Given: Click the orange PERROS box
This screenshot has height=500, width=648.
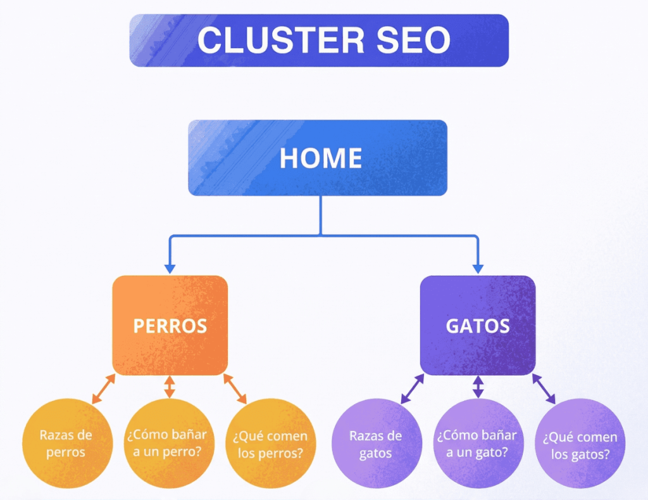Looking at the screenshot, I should pyautogui.click(x=170, y=326).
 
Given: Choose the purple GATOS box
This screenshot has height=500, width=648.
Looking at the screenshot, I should pyautogui.click(x=478, y=326).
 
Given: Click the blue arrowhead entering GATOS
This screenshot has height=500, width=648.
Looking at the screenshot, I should pyautogui.click(x=478, y=268).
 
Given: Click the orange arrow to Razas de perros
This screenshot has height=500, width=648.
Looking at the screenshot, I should pyautogui.click(x=104, y=388).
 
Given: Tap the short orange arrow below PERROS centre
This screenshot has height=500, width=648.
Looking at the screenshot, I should pyautogui.click(x=169, y=387).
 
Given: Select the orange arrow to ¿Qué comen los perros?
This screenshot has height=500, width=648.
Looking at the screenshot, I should pyautogui.click(x=235, y=388).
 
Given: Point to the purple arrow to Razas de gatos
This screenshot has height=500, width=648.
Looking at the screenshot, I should pyautogui.click(x=412, y=388).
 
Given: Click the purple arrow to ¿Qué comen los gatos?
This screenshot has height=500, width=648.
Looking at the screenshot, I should pyautogui.click(x=544, y=388).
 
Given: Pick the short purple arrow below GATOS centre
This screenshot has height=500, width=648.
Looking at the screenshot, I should pyautogui.click(x=478, y=387).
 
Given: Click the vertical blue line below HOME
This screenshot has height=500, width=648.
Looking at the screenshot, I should pyautogui.click(x=320, y=215).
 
